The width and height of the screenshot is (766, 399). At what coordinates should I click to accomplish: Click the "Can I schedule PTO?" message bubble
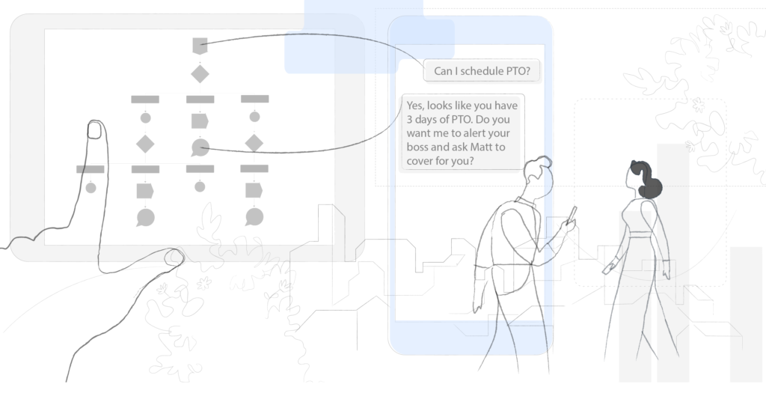[x=482, y=71]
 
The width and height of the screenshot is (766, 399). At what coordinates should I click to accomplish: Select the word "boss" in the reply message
[x=419, y=147]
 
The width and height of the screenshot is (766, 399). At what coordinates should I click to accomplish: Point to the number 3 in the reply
[x=411, y=119]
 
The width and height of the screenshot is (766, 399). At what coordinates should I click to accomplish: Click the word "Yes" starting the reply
[x=415, y=106]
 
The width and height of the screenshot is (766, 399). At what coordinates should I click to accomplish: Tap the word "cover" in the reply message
[x=422, y=161]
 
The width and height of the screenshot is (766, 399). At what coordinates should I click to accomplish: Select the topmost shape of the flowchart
[x=199, y=46]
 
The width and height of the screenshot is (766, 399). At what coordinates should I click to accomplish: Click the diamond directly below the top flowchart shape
[x=199, y=73]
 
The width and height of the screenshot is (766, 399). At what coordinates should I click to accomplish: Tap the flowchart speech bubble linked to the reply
[x=200, y=147]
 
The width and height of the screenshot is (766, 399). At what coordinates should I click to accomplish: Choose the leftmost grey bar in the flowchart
[x=90, y=169]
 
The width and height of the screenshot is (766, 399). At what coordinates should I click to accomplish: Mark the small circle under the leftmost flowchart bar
[x=91, y=187]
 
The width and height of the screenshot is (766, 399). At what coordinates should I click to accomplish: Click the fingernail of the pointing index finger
[x=95, y=130]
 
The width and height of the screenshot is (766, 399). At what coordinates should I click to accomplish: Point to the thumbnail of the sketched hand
[x=175, y=258]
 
